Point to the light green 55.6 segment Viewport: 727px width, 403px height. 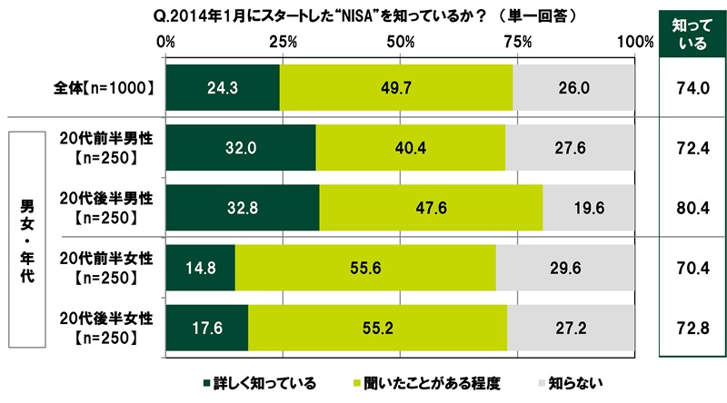pos(365,268)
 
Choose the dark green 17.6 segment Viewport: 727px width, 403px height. pos(207,328)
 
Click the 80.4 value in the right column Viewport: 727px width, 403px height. pos(692,208)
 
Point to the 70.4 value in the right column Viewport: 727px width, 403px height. pos(692,268)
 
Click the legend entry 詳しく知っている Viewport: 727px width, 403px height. pos(259,382)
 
